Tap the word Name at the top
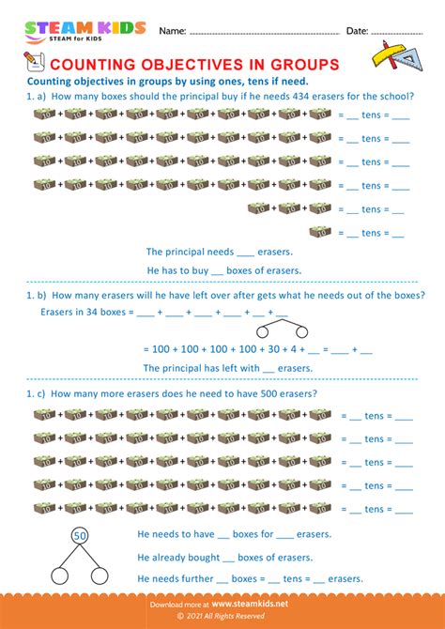pos(172,31)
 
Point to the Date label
pos(357,31)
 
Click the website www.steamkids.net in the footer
pos(249,605)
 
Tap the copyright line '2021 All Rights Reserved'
pos(226,618)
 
